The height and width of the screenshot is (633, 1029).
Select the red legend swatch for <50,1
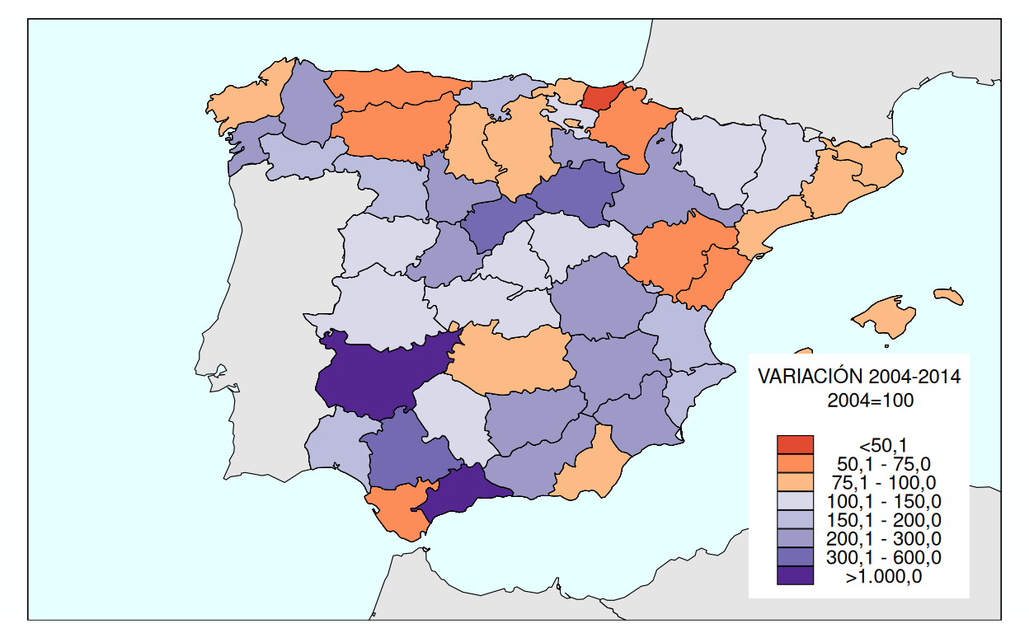[x=795, y=444]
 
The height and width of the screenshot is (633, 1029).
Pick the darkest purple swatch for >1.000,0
[x=795, y=575]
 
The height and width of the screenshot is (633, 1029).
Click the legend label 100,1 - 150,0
[x=883, y=501]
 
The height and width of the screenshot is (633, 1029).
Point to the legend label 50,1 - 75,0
[x=883, y=464]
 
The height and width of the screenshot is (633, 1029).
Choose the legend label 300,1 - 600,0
[x=883, y=558]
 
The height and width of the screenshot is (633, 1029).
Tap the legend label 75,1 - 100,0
[x=883, y=482]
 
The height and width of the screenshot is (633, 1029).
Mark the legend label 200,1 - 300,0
[x=883, y=539]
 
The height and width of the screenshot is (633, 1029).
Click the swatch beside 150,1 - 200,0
[x=795, y=520]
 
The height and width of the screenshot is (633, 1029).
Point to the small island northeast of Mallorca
[x=949, y=296]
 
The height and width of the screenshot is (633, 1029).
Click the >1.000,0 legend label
[x=883, y=577]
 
